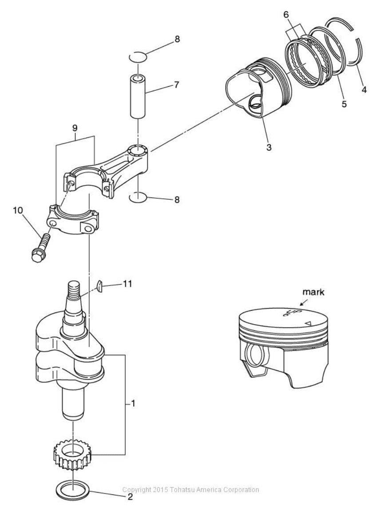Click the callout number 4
[364, 90]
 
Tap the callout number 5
[344, 105]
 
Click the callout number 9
[75, 127]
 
